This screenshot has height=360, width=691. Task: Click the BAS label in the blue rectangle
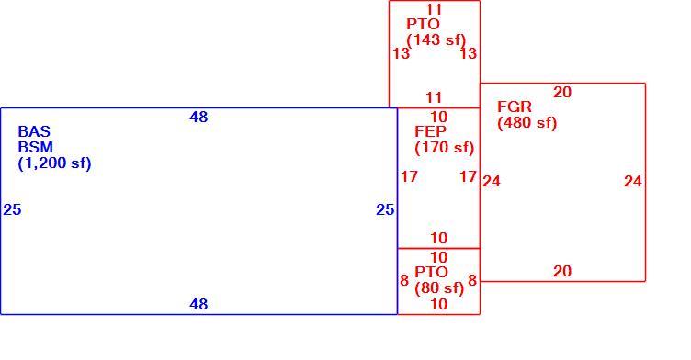click(x=34, y=131)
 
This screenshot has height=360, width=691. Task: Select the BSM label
click(x=35, y=147)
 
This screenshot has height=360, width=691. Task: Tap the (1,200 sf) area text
click(x=54, y=163)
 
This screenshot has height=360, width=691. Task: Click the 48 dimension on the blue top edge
click(x=198, y=118)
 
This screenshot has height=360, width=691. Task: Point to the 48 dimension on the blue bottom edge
click(x=198, y=304)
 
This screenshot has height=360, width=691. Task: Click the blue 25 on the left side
click(x=12, y=209)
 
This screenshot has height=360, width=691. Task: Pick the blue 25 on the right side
click(x=385, y=209)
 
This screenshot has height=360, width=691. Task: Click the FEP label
click(x=431, y=131)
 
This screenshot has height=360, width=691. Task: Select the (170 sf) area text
click(x=445, y=148)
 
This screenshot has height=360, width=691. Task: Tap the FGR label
click(x=515, y=107)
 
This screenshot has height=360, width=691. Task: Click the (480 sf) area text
click(x=527, y=123)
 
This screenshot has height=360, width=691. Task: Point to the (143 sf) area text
click(x=436, y=40)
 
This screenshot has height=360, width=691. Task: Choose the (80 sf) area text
click(x=439, y=288)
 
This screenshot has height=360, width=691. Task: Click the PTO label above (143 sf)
click(x=423, y=24)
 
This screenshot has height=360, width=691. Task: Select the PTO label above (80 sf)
click(x=432, y=272)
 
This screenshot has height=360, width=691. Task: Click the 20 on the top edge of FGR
click(x=562, y=92)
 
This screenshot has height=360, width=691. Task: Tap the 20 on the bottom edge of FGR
click(x=562, y=271)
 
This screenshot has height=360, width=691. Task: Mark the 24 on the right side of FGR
click(x=633, y=181)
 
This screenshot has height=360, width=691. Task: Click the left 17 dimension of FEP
click(x=409, y=176)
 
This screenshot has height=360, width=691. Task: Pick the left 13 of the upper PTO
click(x=401, y=54)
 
